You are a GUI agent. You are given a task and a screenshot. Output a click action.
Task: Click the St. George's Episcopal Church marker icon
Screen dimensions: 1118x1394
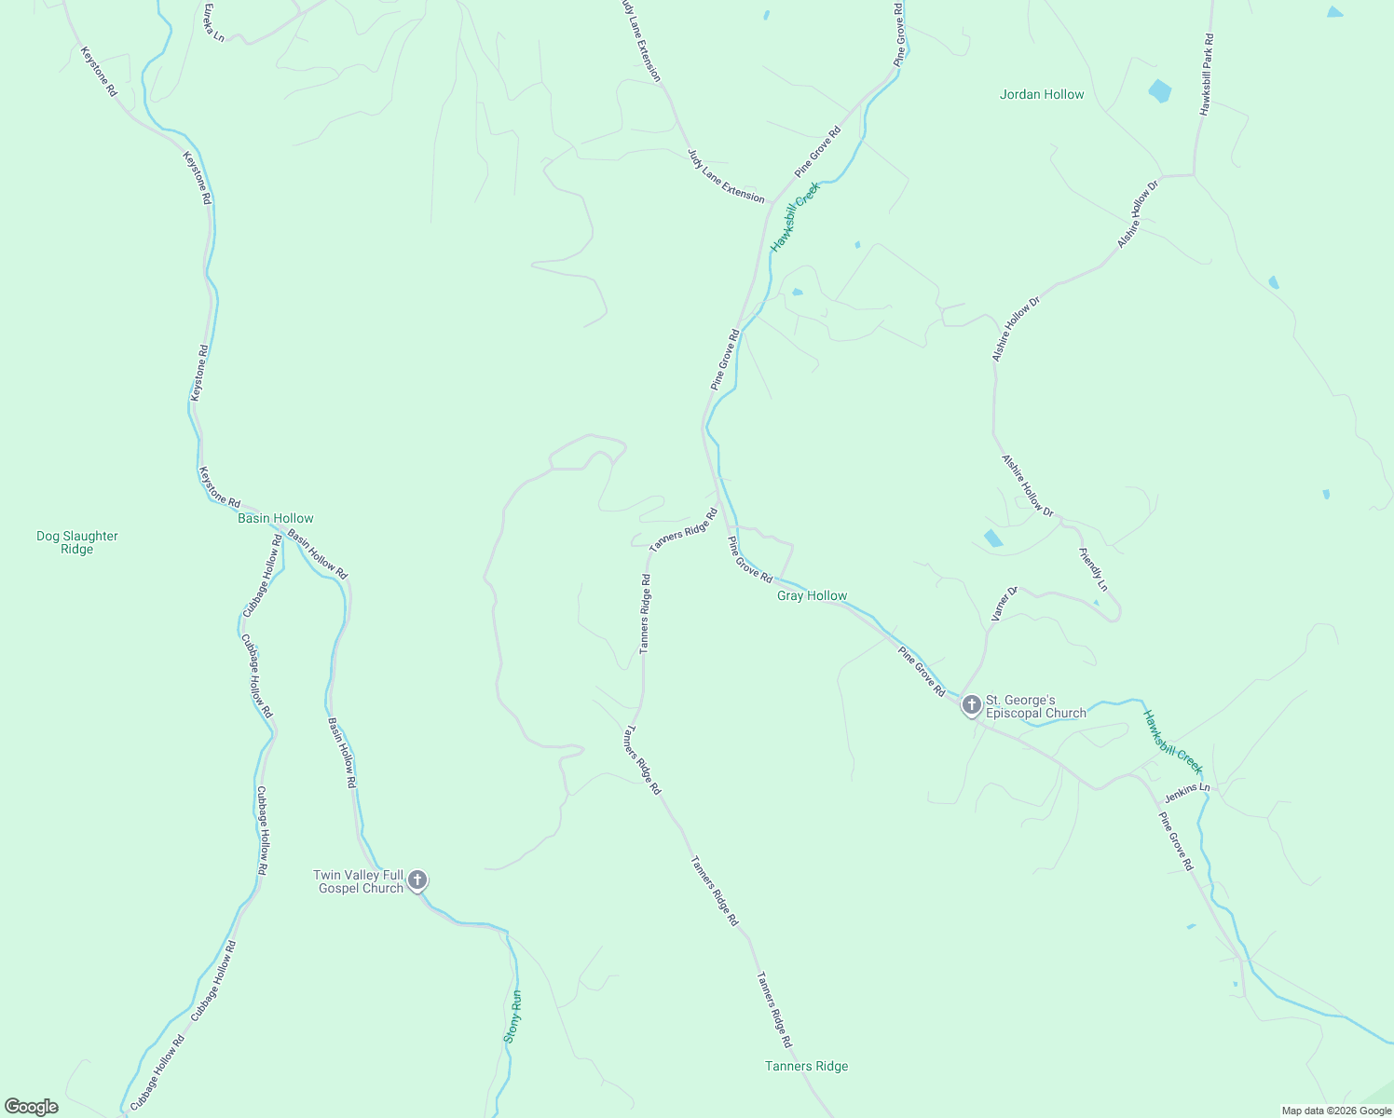click(971, 705)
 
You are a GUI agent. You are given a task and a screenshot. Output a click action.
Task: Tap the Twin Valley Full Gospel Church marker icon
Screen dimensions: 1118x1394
click(417, 879)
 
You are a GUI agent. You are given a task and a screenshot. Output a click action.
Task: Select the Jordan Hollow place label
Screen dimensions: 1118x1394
click(1042, 94)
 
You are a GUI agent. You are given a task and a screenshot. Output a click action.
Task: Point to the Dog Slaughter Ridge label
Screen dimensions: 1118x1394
click(77, 542)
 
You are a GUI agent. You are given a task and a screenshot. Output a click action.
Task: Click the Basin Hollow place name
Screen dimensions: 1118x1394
click(275, 518)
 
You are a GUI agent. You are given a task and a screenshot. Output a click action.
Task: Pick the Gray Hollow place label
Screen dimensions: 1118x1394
click(813, 595)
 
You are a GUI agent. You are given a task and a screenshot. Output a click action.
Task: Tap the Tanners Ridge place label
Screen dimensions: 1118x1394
click(806, 1066)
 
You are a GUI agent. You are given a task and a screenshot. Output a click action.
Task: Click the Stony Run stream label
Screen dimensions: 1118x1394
click(513, 1016)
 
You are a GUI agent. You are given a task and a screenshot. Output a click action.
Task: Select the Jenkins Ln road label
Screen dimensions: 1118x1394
click(1187, 793)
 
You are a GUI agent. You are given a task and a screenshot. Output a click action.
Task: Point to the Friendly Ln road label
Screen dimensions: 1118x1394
click(1094, 569)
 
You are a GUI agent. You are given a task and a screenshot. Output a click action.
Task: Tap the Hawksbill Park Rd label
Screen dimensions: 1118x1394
click(1207, 75)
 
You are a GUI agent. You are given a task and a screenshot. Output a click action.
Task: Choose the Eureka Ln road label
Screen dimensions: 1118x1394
click(214, 21)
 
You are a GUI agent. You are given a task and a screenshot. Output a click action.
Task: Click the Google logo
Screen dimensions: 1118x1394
click(32, 1107)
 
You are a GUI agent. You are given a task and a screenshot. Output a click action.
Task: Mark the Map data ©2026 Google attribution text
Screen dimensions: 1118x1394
click(1335, 1111)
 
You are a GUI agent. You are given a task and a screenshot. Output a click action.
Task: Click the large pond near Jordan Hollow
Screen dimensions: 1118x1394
click(1160, 91)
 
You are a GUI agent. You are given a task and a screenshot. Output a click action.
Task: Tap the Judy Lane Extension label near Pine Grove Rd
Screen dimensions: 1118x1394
click(726, 176)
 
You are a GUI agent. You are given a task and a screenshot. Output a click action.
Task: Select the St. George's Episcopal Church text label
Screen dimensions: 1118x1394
click(1035, 706)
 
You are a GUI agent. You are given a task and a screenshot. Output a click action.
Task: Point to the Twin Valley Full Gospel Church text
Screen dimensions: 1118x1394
click(359, 881)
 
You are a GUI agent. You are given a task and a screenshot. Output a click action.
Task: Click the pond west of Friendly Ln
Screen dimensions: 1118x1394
click(993, 538)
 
